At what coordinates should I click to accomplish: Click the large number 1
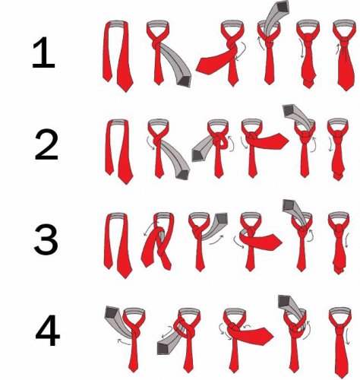44,52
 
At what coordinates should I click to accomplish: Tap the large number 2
46,146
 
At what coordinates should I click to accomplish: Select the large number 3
46,239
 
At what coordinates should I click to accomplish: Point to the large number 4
47,331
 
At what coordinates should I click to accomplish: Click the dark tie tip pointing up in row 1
283,6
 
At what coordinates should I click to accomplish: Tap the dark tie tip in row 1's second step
185,81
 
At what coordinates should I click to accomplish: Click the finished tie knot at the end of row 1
345,41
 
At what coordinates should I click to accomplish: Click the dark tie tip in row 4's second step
165,347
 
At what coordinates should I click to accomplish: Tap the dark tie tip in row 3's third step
221,219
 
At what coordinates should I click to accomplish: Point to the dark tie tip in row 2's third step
199,155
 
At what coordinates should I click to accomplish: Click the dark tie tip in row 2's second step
183,174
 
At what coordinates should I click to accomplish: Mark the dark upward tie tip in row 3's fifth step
289,205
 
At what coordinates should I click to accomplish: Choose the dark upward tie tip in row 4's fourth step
285,301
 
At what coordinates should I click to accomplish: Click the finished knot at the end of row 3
338,229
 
